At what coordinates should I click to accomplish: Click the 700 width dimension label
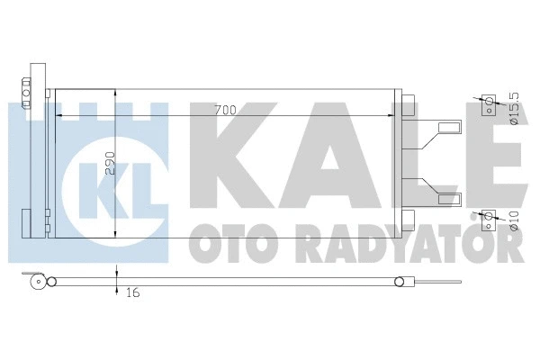224,110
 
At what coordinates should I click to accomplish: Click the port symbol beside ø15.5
489,105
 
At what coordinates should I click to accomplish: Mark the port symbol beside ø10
489,216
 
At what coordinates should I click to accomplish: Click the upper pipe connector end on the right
455,123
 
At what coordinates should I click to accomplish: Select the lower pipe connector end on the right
455,197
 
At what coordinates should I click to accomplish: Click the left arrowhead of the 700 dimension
59,116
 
